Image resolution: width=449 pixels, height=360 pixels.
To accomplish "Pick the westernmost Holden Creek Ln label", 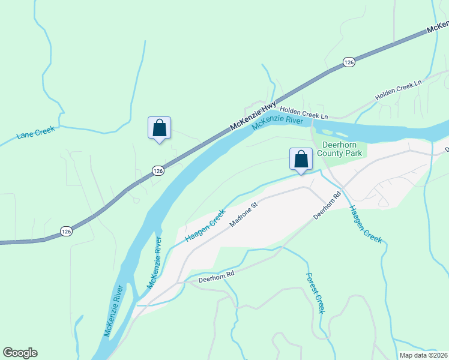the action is point(304,112).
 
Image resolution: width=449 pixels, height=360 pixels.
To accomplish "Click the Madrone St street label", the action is point(243,214).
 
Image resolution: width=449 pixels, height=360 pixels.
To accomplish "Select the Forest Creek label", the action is point(315,293).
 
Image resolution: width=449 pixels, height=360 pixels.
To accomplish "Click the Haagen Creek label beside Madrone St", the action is point(205,226).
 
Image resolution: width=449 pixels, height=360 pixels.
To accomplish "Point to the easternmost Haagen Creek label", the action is point(365,224).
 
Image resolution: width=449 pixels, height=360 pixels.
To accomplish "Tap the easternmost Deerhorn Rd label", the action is point(327,205).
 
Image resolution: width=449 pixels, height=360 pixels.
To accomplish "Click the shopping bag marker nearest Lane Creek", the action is point(159,128).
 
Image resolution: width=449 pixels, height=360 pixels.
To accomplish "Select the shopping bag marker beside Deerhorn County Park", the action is point(301,159).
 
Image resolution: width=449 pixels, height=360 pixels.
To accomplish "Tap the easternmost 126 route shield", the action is point(349,62).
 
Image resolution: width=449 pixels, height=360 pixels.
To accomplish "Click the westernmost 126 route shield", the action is point(66,231).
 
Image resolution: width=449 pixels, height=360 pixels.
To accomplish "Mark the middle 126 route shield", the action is point(157,171).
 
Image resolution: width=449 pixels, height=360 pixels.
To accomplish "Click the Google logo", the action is point(20,353).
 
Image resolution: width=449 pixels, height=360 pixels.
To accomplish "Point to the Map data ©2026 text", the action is point(423,355).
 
